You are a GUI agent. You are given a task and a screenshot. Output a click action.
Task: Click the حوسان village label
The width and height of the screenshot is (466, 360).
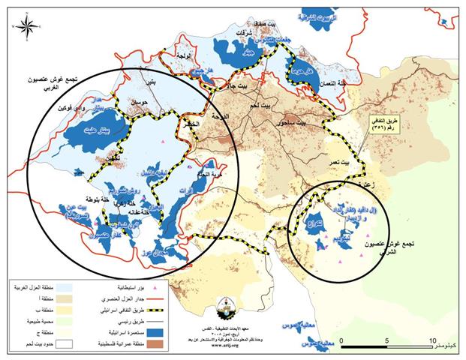(141, 101)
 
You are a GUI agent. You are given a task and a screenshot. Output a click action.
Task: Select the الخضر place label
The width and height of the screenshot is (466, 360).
(192, 125)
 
